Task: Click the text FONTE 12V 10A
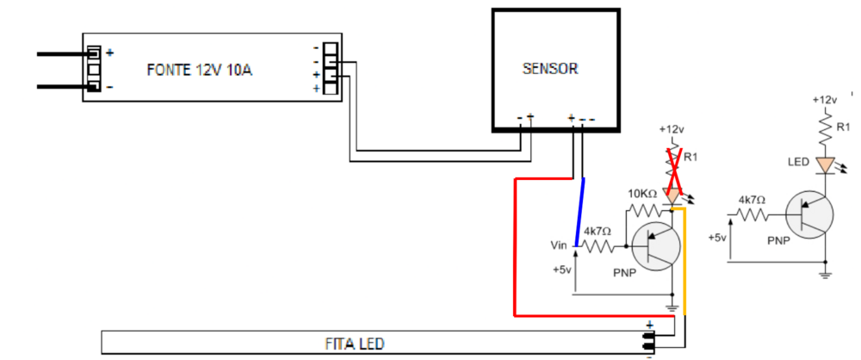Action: click(x=199, y=70)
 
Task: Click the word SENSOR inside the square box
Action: click(x=550, y=68)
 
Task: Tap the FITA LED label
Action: click(x=353, y=344)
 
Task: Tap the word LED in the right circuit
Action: click(x=796, y=161)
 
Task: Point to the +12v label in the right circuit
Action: click(x=825, y=100)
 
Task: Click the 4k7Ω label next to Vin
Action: click(x=597, y=231)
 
